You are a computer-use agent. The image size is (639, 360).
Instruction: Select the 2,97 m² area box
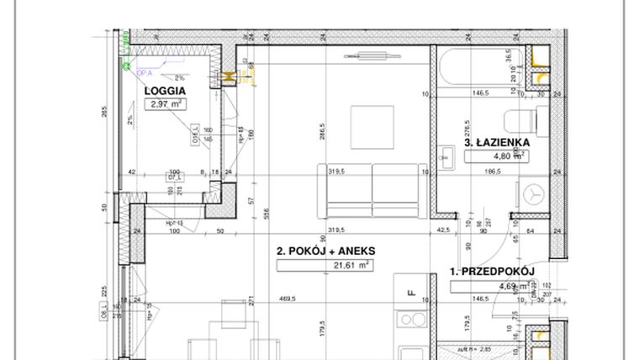click(166, 105)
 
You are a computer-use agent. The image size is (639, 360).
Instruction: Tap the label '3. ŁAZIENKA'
click(497, 142)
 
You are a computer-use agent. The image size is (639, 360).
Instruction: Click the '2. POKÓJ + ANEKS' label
click(325, 251)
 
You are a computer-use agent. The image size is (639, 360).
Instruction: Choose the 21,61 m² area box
click(325, 265)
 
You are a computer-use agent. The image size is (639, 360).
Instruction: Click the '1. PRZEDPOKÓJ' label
click(493, 272)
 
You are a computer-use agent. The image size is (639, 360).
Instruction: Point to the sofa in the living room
click(371, 189)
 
